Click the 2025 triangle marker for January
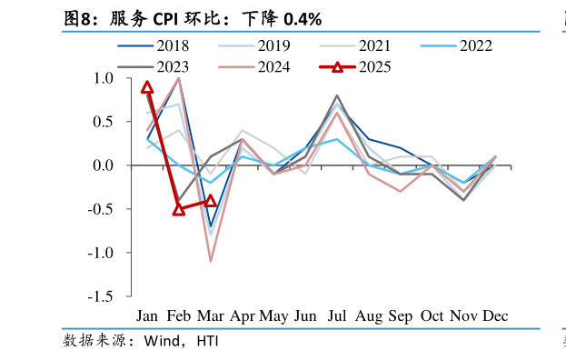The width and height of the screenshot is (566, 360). (147, 87)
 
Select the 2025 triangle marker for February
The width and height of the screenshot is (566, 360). (179, 209)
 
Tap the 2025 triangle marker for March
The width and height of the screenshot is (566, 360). (210, 201)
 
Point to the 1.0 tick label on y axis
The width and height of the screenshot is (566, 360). (103, 78)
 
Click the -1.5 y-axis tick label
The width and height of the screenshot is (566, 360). (100, 296)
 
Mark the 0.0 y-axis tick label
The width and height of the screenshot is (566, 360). (103, 165)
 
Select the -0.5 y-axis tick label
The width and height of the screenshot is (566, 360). (100, 209)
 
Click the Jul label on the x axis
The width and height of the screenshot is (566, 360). (337, 316)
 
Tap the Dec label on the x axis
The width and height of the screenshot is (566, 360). (495, 316)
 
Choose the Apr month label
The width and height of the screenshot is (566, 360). (242, 316)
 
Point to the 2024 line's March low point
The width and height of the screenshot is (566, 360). (210, 262)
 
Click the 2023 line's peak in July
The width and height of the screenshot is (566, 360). (337, 95)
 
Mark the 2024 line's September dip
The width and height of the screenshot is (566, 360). (400, 191)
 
